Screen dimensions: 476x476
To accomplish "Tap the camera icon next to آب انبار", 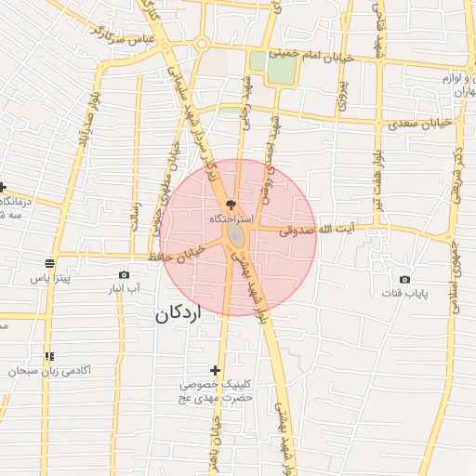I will [x=125, y=274].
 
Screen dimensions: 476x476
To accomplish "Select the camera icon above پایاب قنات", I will [x=404, y=279].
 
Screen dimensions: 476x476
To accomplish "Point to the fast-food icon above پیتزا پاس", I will [x=49, y=263].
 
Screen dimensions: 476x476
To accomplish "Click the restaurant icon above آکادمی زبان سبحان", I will [x=49, y=356].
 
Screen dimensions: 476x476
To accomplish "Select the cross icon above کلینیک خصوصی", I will [x=216, y=370].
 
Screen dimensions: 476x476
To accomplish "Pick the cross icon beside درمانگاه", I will [x=4, y=187].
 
